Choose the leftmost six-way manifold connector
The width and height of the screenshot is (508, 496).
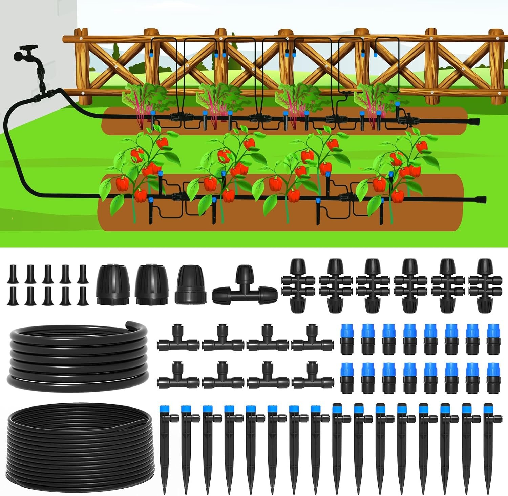click(x=300, y=285)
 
